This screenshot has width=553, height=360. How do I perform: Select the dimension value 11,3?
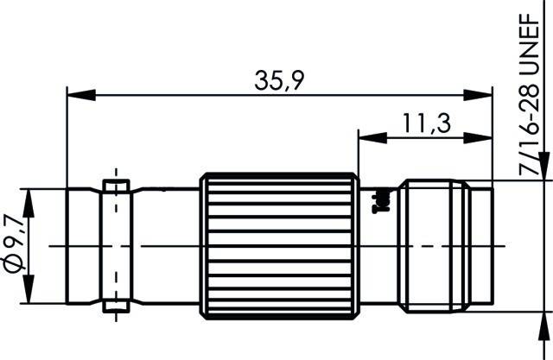[x=426, y=124]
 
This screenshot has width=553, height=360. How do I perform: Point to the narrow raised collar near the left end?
[x=114, y=245]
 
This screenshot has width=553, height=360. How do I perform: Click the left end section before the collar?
[x=84, y=245]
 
